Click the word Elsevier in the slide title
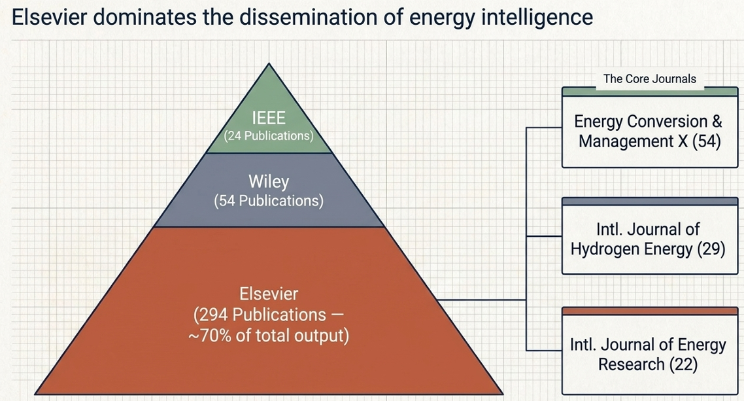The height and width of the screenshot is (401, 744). point(49,18)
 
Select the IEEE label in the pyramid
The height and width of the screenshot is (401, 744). point(269,118)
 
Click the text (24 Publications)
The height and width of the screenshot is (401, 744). point(269,135)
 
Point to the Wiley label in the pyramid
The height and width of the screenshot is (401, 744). point(269,181)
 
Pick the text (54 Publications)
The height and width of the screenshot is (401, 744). point(269,201)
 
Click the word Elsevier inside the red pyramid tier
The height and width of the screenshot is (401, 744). point(269,294)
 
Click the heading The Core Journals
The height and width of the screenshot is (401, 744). point(650,78)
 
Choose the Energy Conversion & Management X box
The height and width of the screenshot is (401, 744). point(650,127)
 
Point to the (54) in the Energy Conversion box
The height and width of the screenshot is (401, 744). point(707,141)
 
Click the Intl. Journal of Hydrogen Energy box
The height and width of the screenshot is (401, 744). point(650,236)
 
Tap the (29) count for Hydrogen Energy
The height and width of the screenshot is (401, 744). point(711,249)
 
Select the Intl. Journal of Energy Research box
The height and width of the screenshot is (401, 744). point(650,351)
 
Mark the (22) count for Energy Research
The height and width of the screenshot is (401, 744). point(684,364)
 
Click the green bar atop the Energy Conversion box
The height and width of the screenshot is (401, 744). point(650,92)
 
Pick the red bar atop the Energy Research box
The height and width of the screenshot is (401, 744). point(650,311)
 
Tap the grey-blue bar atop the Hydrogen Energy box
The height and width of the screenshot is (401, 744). point(650,201)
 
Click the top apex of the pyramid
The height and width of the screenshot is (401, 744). point(269,63)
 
